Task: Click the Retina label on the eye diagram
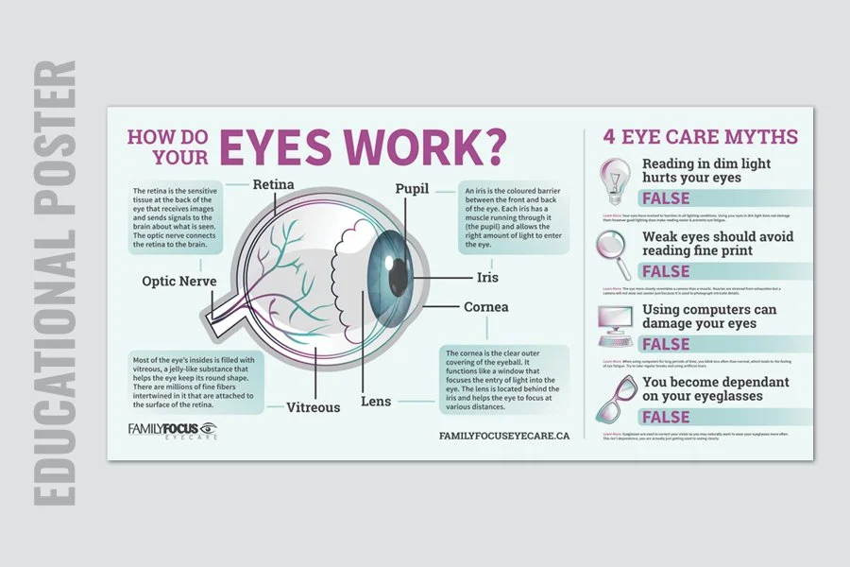point(272,185)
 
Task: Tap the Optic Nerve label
point(180,281)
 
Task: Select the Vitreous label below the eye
point(313,408)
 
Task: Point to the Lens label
point(376,402)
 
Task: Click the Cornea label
point(486,307)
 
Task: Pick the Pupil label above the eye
point(413,189)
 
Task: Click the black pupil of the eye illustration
point(399,275)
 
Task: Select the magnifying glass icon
point(613,250)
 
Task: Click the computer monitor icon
point(615,324)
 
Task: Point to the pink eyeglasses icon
point(615,399)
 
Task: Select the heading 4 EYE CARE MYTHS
point(701,137)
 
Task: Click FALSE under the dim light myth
point(666,198)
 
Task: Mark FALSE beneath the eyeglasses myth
point(666,418)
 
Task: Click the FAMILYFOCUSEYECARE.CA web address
point(504,436)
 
